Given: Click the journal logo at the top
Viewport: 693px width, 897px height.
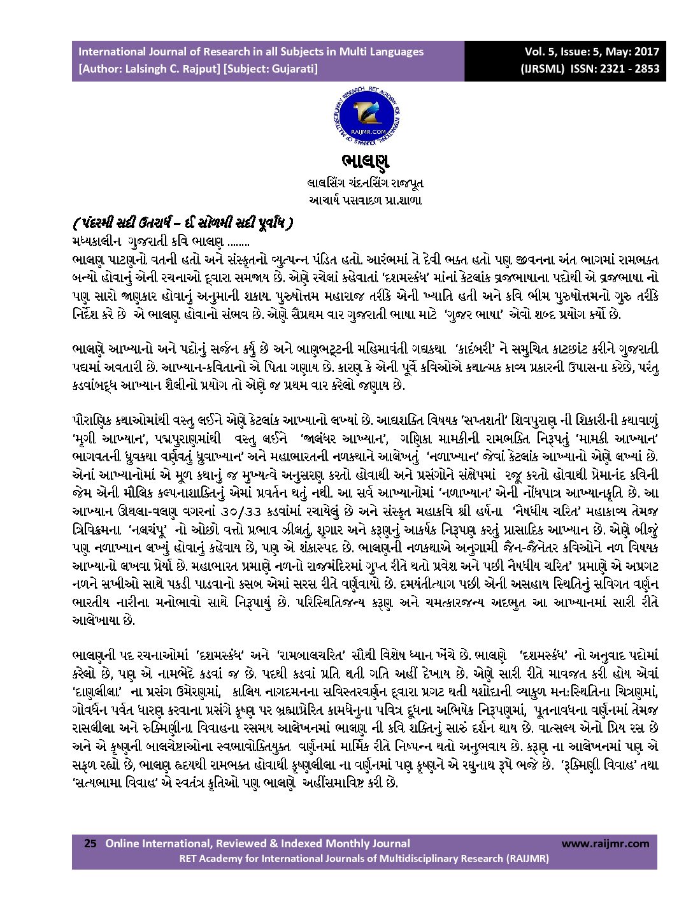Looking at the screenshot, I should (x=364, y=116).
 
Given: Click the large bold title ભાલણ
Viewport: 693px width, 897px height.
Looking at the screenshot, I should (x=364, y=161).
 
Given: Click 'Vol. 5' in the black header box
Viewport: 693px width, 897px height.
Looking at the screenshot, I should (x=540, y=52).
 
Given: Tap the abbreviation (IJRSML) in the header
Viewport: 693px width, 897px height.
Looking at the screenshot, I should (x=542, y=69).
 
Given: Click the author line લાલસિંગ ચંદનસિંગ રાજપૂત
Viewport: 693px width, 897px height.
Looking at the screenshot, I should (x=364, y=183).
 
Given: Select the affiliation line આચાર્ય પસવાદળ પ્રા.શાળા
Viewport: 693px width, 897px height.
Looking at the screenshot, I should (x=364, y=200).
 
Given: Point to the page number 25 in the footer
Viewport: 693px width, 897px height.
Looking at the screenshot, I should (x=90, y=843).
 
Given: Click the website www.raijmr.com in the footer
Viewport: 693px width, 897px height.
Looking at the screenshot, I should (x=605, y=843).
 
